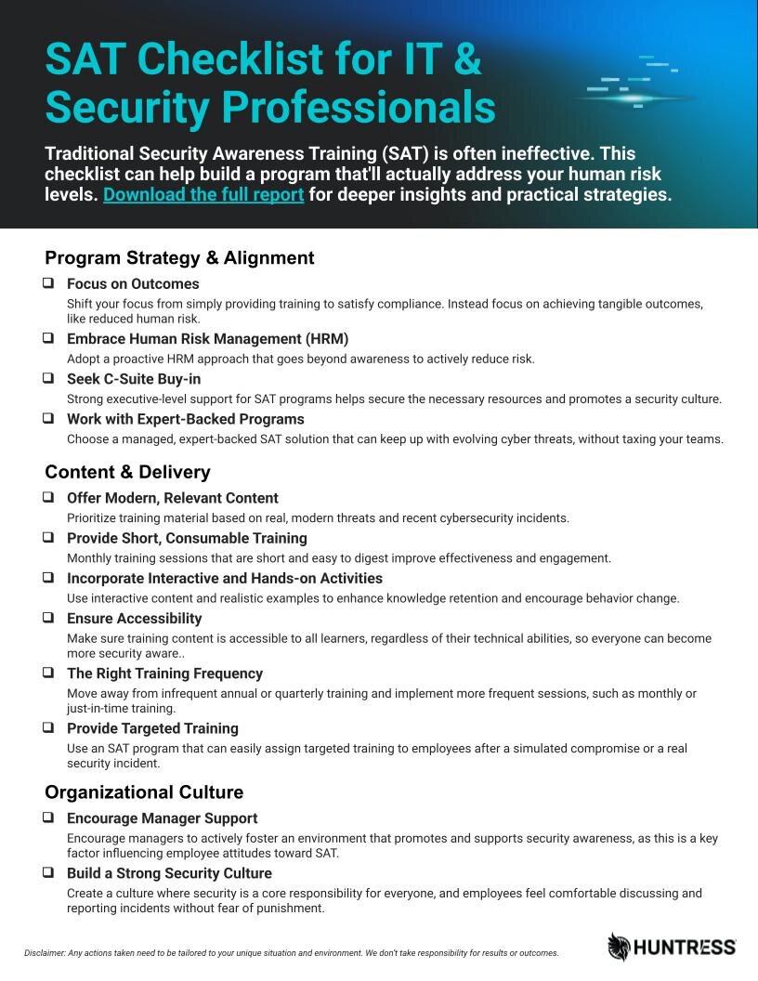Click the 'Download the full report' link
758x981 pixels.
click(203, 195)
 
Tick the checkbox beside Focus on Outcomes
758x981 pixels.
click(48, 283)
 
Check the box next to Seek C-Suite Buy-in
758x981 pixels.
click(48, 378)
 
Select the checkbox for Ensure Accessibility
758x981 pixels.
click(48, 618)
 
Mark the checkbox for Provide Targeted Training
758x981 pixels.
click(48, 727)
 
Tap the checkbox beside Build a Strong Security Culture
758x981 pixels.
click(48, 872)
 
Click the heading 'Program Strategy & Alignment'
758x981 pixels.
click(179, 258)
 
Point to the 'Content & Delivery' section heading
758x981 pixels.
click(127, 472)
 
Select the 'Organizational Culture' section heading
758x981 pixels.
click(144, 792)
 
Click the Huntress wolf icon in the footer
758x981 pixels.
click(619, 947)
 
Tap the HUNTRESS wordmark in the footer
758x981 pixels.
click(686, 948)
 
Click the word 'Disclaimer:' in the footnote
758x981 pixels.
click(45, 953)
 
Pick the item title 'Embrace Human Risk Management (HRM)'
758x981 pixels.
click(207, 339)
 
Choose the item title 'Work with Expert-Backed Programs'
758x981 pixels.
click(186, 419)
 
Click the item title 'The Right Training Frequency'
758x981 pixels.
click(164, 674)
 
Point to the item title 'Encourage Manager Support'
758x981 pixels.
click(162, 818)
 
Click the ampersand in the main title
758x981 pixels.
click(468, 59)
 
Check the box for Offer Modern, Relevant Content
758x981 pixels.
click(48, 497)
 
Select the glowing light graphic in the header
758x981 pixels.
click(634, 98)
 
